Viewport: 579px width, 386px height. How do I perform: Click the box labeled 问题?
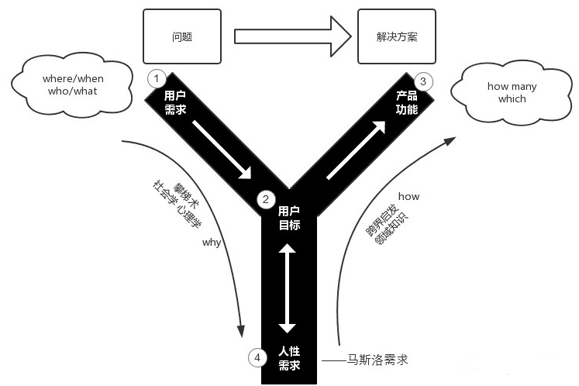[182, 36]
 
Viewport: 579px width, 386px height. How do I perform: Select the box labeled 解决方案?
[395, 36]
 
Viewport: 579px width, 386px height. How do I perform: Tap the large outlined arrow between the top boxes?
[293, 36]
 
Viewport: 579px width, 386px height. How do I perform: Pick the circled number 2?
[266, 199]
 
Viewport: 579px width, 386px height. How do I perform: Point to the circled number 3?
[422, 81]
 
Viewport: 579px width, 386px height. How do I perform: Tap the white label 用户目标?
[289, 219]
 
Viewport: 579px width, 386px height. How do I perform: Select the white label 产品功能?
[407, 102]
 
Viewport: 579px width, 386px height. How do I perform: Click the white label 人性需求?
[289, 358]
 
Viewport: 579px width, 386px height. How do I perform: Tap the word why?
[212, 243]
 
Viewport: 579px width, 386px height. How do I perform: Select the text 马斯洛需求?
[377, 360]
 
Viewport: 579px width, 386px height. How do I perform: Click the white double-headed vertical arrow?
[288, 288]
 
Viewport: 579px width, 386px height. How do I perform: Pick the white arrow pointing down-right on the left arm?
[222, 147]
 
